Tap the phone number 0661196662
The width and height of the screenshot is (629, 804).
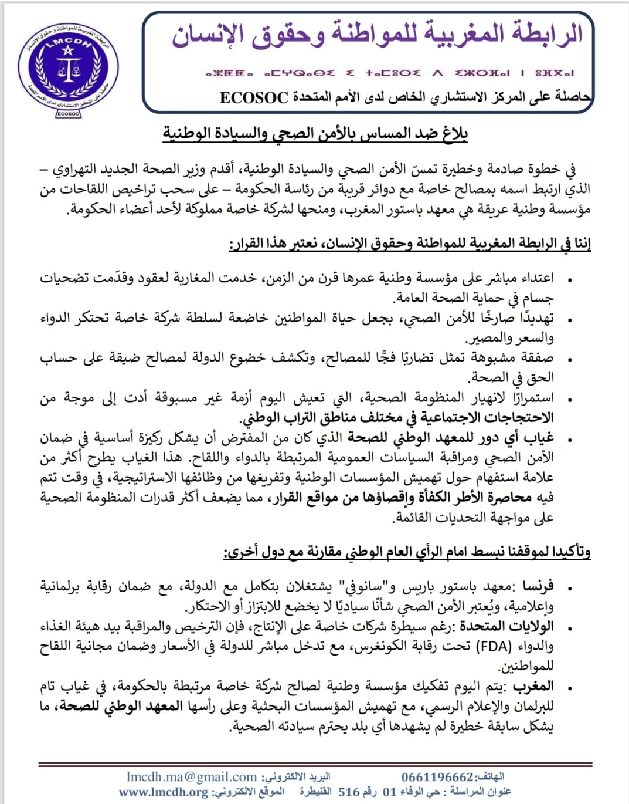pos(437,778)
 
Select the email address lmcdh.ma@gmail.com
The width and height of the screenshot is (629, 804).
pos(191,777)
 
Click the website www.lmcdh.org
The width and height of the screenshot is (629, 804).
pos(164,792)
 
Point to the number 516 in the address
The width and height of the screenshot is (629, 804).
pos(349,792)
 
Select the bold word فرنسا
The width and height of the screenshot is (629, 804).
pos(538,586)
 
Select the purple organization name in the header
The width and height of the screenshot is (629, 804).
pos(377,34)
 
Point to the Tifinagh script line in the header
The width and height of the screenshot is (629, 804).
pos(389,73)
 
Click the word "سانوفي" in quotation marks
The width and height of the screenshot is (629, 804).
pos(358,586)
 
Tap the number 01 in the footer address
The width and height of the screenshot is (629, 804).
pos(390,792)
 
